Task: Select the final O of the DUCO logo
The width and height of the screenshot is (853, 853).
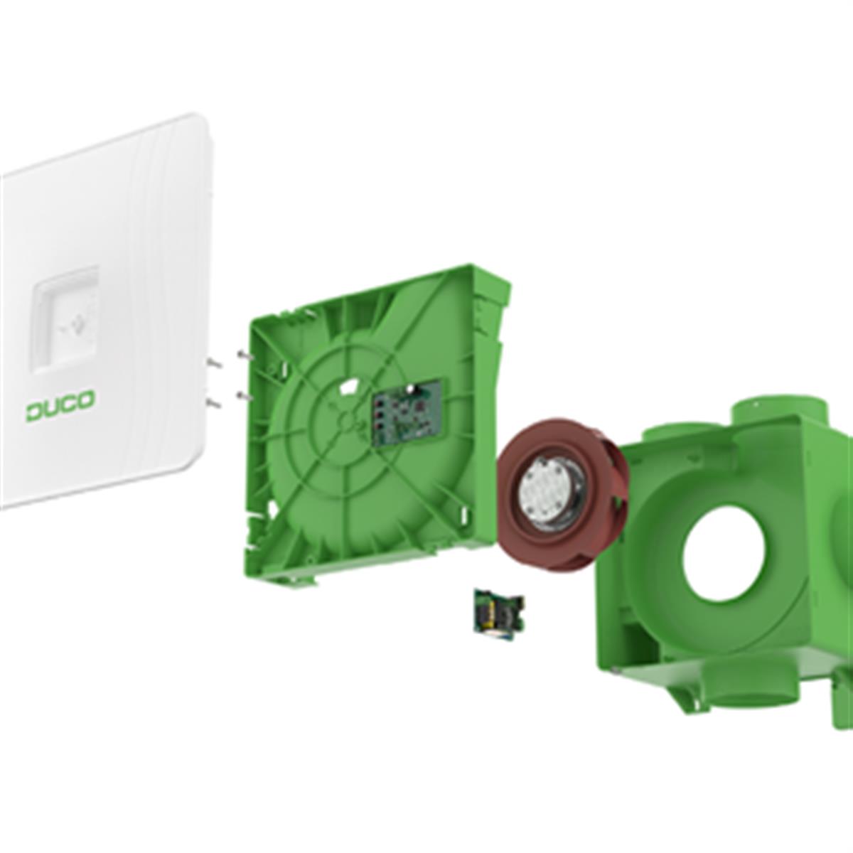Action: [86, 399]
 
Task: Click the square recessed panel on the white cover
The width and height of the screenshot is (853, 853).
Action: [65, 320]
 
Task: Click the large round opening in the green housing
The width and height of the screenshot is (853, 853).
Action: [724, 554]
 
